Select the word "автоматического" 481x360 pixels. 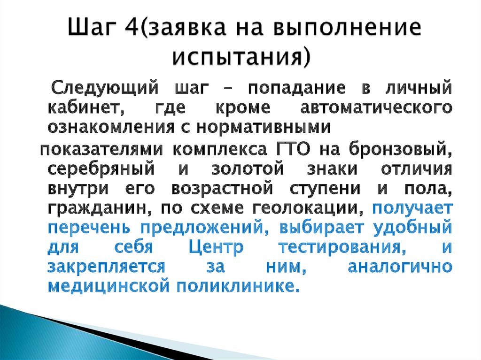(x=376, y=107)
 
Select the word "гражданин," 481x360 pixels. (x=94, y=207)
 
